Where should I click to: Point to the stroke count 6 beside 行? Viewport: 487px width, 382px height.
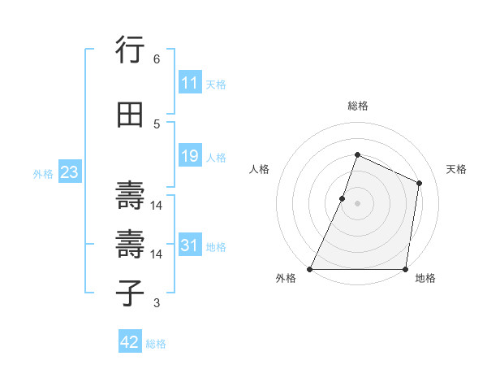pos(156,59)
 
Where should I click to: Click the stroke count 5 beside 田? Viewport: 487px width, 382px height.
pos(156,124)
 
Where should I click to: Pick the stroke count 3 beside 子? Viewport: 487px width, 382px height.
pos(156,303)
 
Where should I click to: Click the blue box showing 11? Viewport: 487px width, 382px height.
pos(190,83)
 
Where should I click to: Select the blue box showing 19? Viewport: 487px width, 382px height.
pos(190,156)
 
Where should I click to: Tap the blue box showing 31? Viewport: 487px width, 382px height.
pos(190,245)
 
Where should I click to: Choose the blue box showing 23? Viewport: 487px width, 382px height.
pos(69,172)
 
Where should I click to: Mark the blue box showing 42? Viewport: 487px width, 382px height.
pos(130,342)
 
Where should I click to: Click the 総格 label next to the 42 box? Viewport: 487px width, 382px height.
pos(156,344)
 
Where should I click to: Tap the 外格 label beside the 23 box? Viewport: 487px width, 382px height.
pos(43,173)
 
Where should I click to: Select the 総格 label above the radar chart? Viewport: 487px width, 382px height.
pos(357,106)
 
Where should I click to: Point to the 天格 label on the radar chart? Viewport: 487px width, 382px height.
pos(457,169)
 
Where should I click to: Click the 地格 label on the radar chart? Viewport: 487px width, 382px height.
pos(425,278)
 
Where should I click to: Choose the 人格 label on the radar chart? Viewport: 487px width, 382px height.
pos(259,169)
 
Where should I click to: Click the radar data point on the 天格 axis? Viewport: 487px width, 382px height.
pos(420,183)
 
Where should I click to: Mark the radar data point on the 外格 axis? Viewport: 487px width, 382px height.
pos(310,269)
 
